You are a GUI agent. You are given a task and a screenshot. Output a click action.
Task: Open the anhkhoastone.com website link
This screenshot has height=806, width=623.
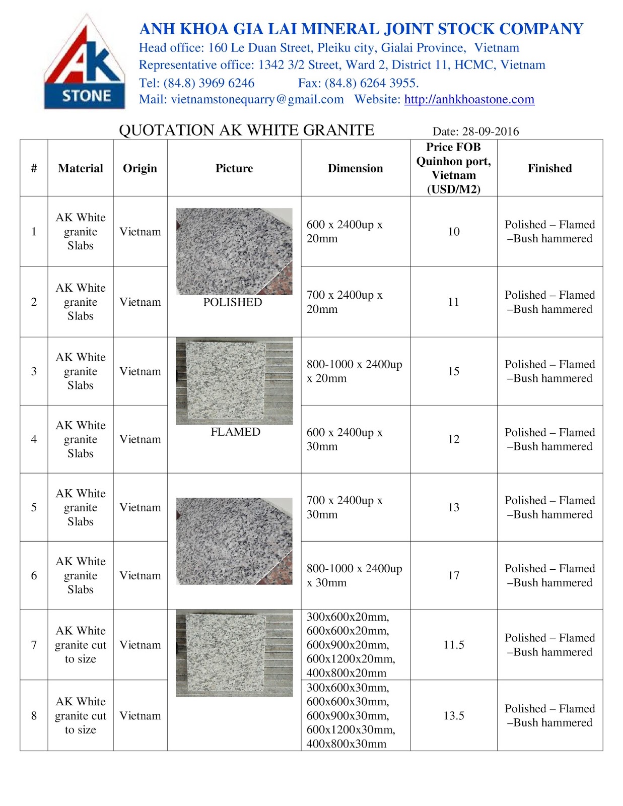tap(469, 99)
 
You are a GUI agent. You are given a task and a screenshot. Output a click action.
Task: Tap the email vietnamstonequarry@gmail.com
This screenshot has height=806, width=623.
tap(257, 99)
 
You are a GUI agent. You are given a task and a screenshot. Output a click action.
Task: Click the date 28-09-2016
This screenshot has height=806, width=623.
tap(490, 131)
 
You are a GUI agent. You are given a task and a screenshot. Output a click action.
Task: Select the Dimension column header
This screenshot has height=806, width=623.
tap(355, 168)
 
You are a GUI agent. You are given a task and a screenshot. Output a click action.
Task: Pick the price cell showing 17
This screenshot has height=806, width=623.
tap(453, 575)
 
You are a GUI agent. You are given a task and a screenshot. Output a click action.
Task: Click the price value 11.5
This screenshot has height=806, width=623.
tap(453, 645)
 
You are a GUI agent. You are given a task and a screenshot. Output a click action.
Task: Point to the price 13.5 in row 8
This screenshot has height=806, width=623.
tap(453, 716)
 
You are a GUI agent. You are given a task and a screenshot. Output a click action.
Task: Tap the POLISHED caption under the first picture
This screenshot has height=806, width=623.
tap(233, 302)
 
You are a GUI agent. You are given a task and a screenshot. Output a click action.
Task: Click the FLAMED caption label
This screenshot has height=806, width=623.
tap(235, 432)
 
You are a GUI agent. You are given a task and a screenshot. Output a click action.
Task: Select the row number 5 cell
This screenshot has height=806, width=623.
tap(34, 507)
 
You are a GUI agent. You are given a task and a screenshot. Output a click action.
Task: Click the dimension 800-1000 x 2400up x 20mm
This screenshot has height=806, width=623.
tap(354, 371)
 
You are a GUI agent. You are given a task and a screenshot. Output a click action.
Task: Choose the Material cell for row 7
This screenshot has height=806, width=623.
tap(81, 645)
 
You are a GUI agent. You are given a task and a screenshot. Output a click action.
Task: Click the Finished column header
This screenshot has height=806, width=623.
tap(549, 168)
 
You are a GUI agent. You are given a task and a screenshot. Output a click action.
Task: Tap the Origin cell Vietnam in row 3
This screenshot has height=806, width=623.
tap(140, 371)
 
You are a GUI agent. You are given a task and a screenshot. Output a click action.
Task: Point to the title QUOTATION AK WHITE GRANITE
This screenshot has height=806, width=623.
tap(246, 130)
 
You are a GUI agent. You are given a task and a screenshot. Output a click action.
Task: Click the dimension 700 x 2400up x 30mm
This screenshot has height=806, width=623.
tap(344, 507)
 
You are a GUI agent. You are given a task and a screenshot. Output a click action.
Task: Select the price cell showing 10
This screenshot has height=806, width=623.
tap(453, 232)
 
